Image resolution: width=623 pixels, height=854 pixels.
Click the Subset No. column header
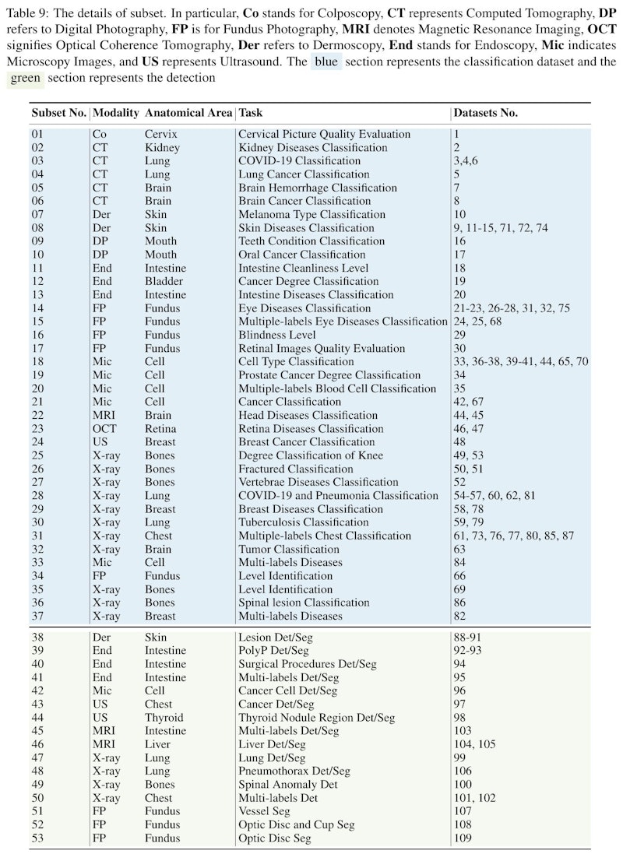tap(58, 113)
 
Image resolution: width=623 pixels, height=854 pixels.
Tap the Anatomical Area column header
tap(188, 113)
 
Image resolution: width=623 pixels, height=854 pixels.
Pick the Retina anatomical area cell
tap(160, 428)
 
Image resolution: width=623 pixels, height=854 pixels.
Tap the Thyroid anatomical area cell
tap(164, 717)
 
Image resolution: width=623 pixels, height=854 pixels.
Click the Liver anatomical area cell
tap(158, 744)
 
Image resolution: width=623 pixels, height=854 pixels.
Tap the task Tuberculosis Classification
tap(303, 522)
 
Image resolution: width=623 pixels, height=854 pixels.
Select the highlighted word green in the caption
tap(25, 78)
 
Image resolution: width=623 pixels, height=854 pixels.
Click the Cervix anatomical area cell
tap(161, 134)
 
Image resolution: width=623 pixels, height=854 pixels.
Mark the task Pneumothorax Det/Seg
tap(294, 771)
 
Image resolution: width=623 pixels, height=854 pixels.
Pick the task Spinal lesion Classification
tap(304, 603)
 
